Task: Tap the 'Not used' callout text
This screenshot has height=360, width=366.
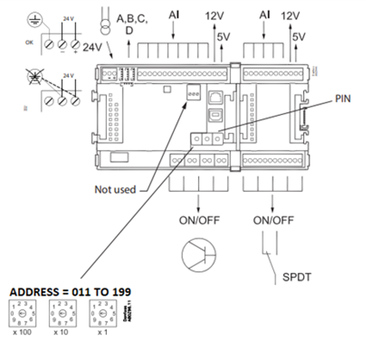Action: point(115,189)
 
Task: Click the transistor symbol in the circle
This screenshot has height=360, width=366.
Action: point(197,254)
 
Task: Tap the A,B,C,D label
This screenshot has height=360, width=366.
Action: point(132,24)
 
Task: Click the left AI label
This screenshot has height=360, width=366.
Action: point(174,14)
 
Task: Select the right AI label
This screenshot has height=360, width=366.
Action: point(264,14)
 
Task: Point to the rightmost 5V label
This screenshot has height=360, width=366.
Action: point(299,37)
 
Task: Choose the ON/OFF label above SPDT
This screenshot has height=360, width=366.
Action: point(273,220)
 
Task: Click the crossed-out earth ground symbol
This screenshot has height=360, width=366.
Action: point(34,75)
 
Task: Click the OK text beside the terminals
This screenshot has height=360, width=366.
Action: point(28,42)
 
